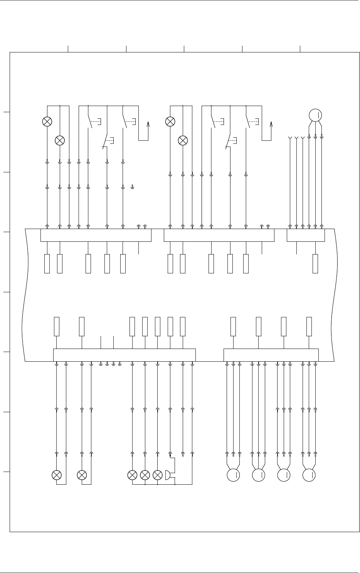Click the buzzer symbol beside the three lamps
[168, 475]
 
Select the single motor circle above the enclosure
[315, 115]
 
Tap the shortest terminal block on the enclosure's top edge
[306, 235]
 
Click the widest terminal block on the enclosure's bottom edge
[124, 355]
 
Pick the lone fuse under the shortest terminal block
[315, 264]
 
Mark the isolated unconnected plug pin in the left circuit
[132, 187]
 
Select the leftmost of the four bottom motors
[233, 475]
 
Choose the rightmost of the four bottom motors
[309, 475]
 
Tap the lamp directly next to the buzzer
[157, 475]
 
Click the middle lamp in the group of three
[145, 475]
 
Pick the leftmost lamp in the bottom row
[57, 475]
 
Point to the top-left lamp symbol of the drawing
[47, 121]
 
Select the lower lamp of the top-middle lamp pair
[183, 140]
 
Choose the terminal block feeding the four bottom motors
[271, 355]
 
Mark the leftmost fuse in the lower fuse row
[57, 327]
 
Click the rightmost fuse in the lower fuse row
[309, 327]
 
